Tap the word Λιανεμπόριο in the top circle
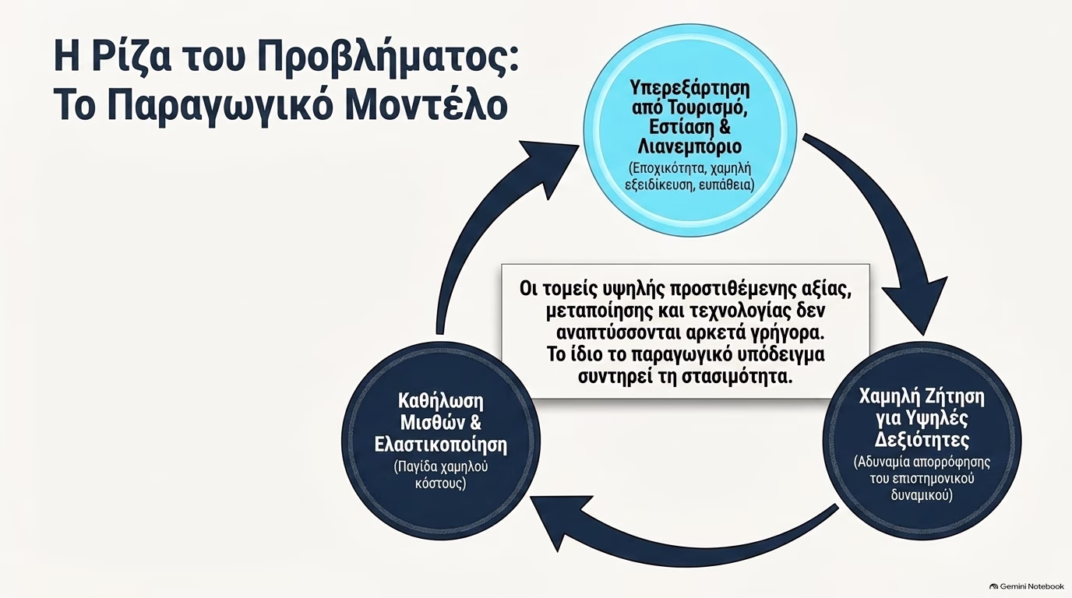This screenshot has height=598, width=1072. coord(689,146)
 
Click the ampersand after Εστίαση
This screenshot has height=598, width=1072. coord(725,127)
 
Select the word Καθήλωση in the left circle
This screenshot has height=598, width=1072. coord(441,401)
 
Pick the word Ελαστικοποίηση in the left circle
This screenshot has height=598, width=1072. coord(441,445)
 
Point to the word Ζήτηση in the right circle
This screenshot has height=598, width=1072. coord(954,397)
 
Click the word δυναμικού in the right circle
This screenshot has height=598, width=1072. coord(922,494)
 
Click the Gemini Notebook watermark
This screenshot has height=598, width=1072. coord(1027,586)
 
